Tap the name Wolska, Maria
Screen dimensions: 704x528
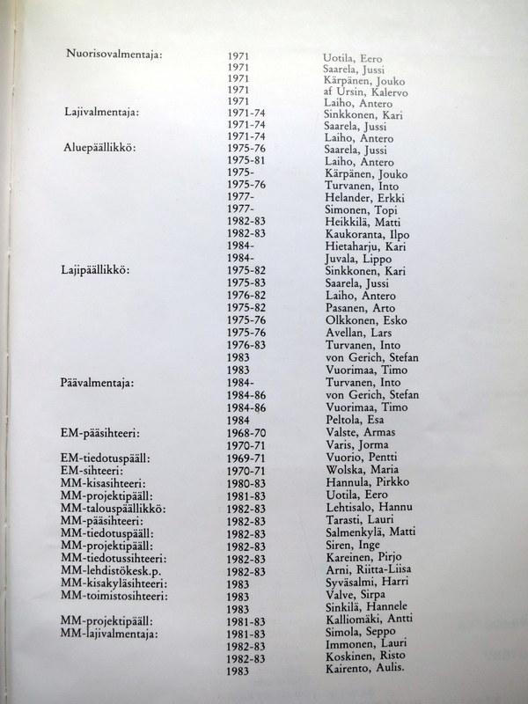(x=355, y=471)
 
